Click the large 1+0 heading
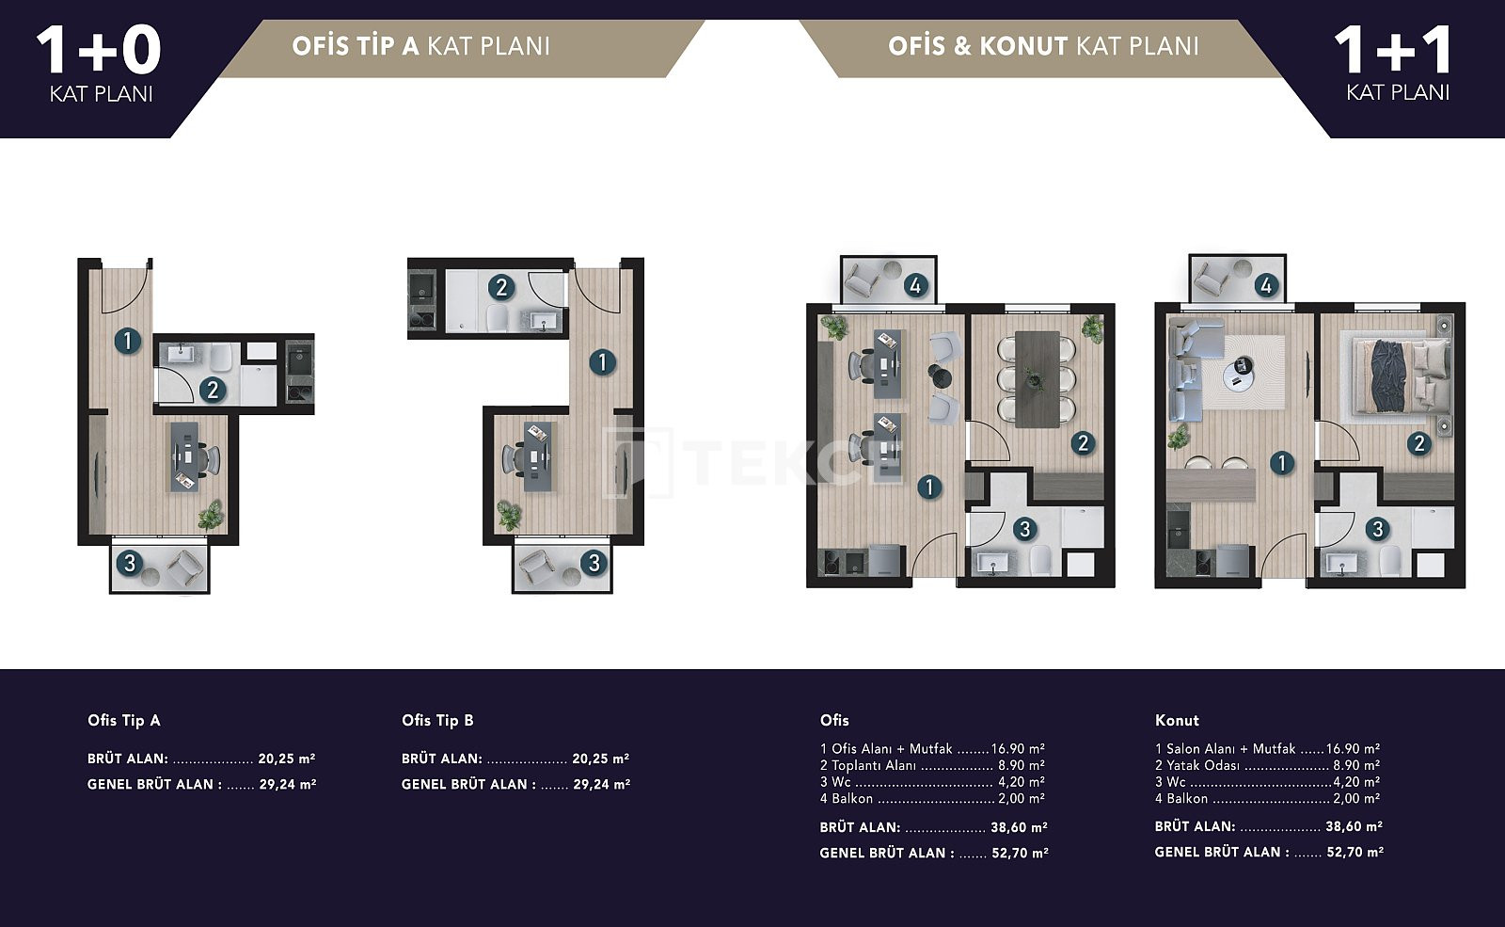point(99,51)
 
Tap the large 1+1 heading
point(1392,51)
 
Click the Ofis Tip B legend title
point(437,721)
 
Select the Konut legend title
point(1177,721)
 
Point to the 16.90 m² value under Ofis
point(1018,749)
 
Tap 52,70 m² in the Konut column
point(1355,853)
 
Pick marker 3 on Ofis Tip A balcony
point(130,563)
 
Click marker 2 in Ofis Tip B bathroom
point(500,288)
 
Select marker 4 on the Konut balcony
point(1266,286)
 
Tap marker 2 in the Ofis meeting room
point(1083,443)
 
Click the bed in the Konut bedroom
point(1402,376)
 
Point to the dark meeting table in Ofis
point(1037,379)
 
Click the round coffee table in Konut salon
point(1238,374)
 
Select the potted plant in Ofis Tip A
point(211,515)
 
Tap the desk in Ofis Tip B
point(537,456)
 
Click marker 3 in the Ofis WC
point(1024,529)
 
